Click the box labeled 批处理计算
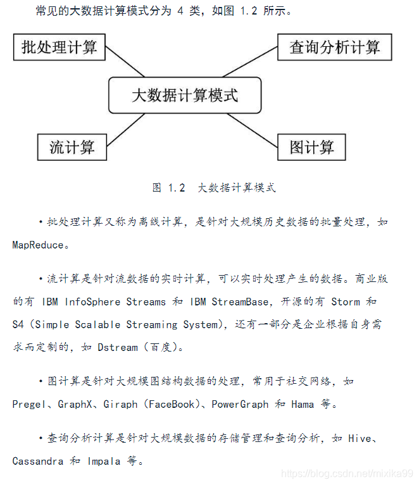[59, 47]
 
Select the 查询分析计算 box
[335, 47]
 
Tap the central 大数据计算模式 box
[185, 95]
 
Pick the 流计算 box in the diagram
[72, 147]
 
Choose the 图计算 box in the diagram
[312, 147]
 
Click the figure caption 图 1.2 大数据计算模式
[214, 188]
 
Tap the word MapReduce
[37, 245]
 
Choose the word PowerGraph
[240, 404]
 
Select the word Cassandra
[37, 461]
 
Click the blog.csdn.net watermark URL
[347, 473]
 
